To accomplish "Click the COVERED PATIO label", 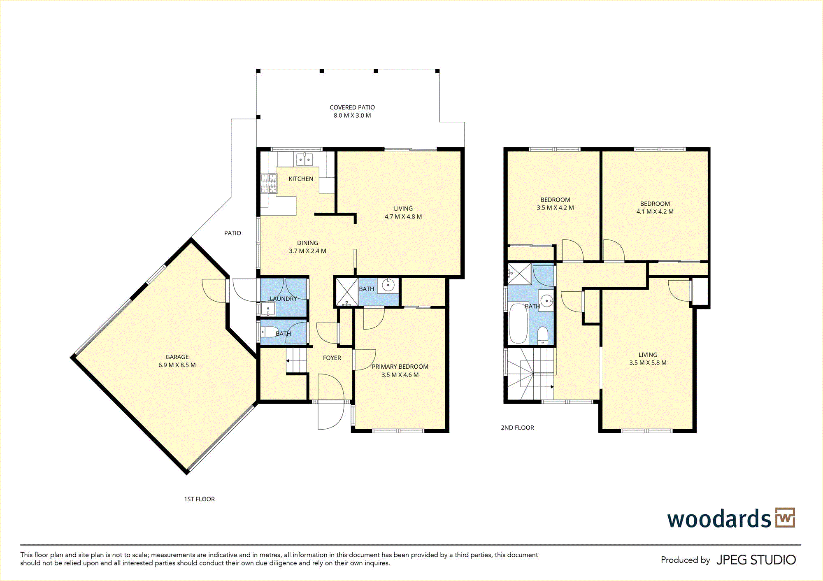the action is point(352,107).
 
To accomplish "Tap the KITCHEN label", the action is point(301,179).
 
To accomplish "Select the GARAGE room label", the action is point(177,357).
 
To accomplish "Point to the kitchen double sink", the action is point(305,160).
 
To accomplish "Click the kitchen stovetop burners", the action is point(269,184).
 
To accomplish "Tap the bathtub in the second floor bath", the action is point(518,323).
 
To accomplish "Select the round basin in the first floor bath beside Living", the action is point(388,285).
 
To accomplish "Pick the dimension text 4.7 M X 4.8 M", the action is point(403,217).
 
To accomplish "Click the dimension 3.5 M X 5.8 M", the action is point(648,363).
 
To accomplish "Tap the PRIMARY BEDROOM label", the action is point(400,367).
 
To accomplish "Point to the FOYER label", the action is point(332,358).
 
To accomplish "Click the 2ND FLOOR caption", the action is point(517,428).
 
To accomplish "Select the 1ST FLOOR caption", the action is point(199,499).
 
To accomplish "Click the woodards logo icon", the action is point(785,518).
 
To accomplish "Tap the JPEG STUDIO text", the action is point(756,560).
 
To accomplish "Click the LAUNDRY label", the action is point(283,299).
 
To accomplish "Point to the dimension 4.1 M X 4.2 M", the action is point(655,212).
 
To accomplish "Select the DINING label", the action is point(307,243).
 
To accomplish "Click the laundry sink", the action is point(268,309).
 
